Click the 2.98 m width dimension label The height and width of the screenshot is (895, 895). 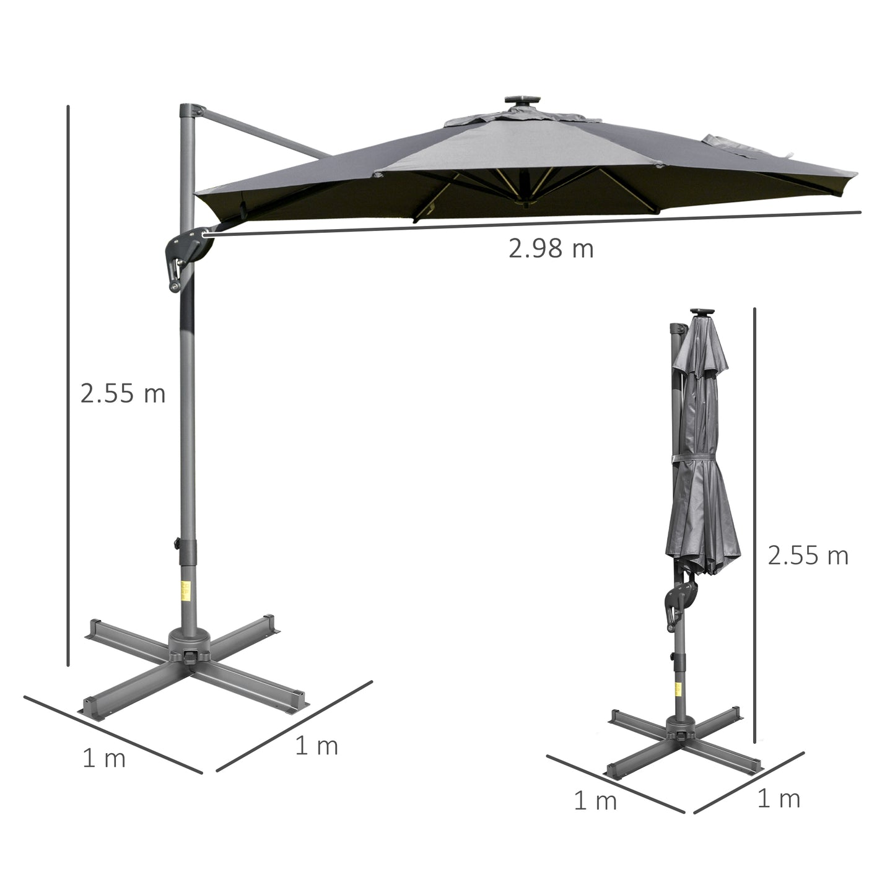tap(551, 249)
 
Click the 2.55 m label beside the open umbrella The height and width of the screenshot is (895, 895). tap(123, 394)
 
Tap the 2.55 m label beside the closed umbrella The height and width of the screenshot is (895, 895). tap(808, 556)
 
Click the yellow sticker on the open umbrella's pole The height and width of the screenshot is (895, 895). tap(186, 592)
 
